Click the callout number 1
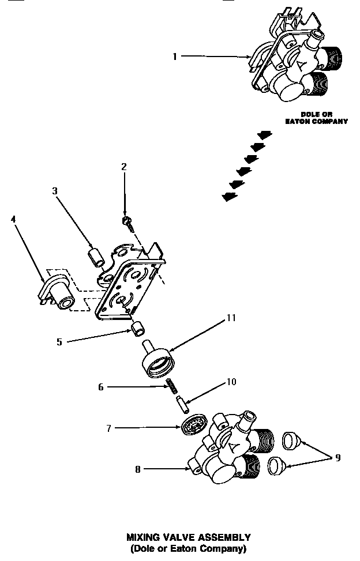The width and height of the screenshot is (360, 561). point(175,56)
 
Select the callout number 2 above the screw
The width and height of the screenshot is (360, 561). point(123,167)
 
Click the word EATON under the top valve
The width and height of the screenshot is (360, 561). point(299,122)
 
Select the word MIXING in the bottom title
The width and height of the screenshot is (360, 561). point(142,537)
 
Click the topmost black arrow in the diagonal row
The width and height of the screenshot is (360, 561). point(264,135)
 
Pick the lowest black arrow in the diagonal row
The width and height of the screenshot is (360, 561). point(229,197)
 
